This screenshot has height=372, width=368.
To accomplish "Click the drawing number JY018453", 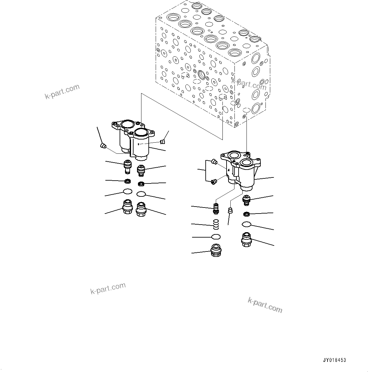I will coord(334,360).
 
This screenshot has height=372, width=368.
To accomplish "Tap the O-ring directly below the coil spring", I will coord(216,237).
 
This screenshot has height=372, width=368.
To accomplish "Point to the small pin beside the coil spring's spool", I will coord(230,210).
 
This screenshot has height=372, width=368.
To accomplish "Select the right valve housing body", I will coord(242,172).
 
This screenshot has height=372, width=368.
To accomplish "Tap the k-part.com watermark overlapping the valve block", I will coord(249,84).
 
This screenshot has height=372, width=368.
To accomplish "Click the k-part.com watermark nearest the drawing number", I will coord(265,305).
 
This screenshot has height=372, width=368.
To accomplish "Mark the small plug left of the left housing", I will coord(103,146).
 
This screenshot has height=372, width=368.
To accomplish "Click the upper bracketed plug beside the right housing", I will coord(214,162).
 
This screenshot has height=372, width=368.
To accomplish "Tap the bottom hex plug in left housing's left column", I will coord(127,207).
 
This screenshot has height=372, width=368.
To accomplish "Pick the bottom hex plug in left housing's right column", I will coord(141,209).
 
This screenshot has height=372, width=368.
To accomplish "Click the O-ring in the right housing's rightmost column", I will coord(246,224).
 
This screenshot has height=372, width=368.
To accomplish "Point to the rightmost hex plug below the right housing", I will coord(246,239).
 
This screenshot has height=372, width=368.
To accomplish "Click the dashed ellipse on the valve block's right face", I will coord(246,110).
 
